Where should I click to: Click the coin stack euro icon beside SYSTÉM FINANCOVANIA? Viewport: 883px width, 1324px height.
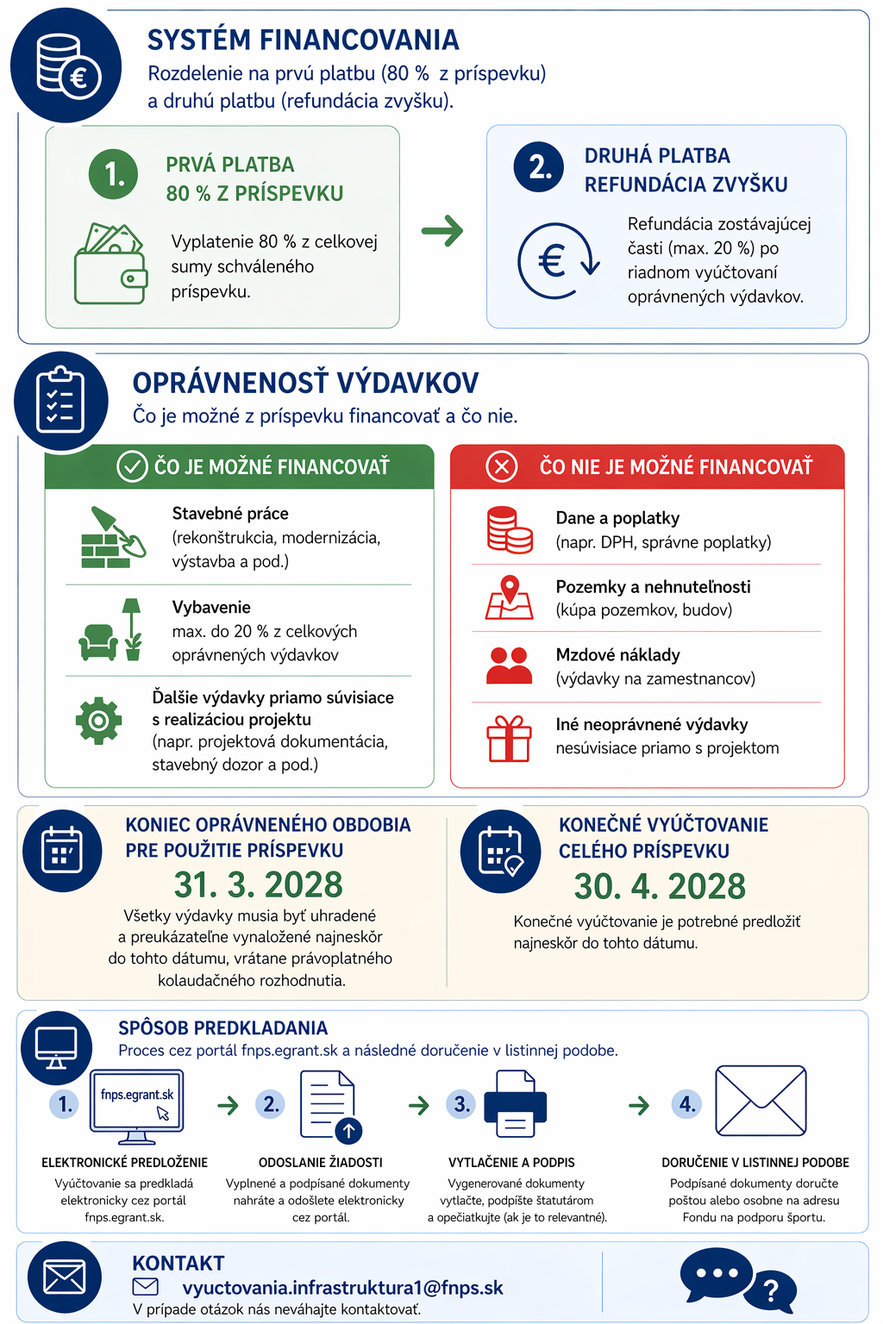click(67, 66)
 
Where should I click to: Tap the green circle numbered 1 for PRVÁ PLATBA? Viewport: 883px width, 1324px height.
click(113, 173)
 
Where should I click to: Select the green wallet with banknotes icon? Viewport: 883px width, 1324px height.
click(110, 264)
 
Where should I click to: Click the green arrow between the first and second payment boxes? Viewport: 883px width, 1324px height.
click(442, 231)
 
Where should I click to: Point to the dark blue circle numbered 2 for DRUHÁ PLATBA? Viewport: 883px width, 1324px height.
click(539, 166)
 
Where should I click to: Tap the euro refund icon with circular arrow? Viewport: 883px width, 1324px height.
click(557, 260)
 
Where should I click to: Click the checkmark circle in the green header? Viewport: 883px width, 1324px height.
click(132, 466)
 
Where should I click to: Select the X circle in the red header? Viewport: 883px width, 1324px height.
click(501, 466)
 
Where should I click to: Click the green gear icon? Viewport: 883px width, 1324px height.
click(99, 720)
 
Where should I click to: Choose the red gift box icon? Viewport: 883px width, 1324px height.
click(509, 740)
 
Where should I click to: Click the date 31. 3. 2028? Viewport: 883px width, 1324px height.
click(258, 885)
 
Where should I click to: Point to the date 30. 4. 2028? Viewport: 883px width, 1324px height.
click(660, 886)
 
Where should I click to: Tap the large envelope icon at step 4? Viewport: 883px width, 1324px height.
click(761, 1102)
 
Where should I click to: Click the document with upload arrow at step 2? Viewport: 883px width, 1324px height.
click(329, 1106)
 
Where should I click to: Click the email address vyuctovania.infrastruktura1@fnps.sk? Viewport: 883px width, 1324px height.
click(342, 1288)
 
